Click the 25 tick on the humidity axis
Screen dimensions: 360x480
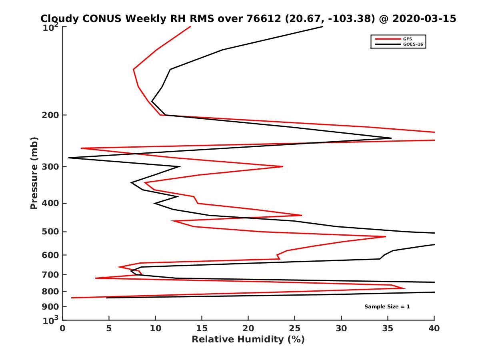[x=295, y=328]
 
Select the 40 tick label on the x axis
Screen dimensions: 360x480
[x=434, y=328]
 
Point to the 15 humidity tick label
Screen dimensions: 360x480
[x=202, y=328]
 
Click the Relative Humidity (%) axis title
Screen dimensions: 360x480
[x=248, y=340]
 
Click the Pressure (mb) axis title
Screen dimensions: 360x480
[x=34, y=173]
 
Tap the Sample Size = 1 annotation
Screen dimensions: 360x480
[x=387, y=307]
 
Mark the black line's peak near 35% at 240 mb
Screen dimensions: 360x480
[x=391, y=138]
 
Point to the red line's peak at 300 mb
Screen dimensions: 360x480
[x=283, y=166]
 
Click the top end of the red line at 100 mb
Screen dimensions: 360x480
[x=190, y=26]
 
